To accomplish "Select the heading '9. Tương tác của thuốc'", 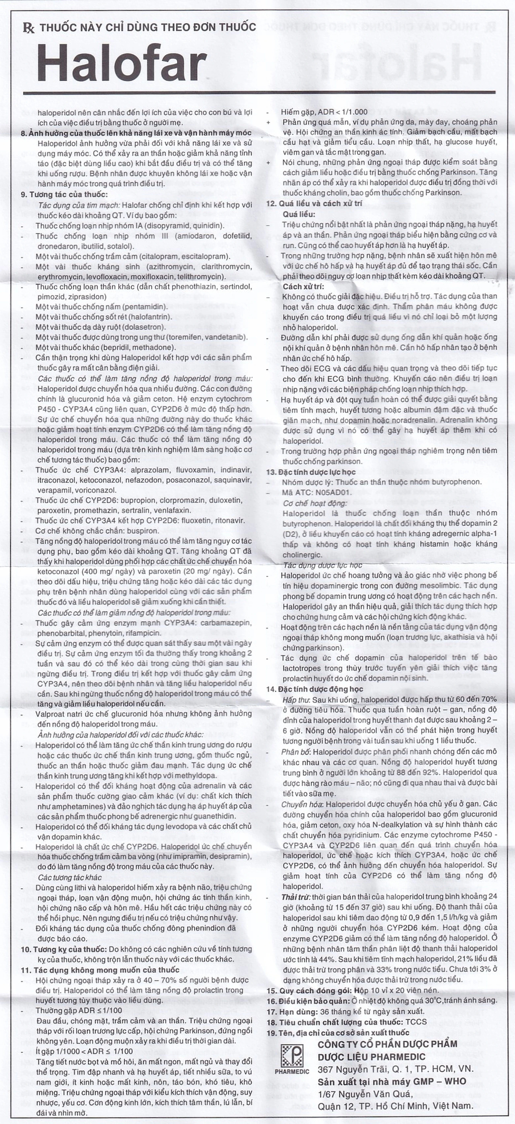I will pos(64,195).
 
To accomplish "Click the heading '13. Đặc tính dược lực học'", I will pos(311,472).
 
